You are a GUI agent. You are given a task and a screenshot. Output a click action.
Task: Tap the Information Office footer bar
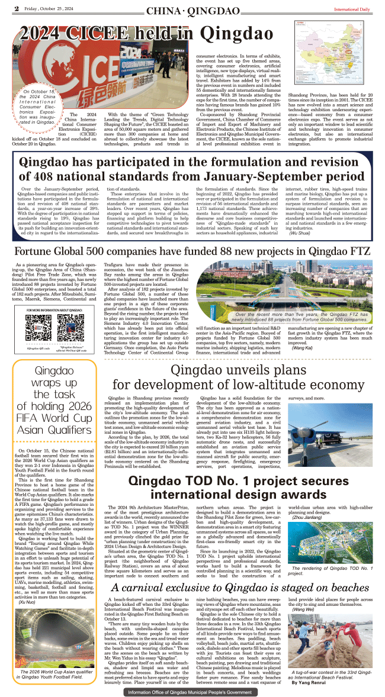pos(192,692)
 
